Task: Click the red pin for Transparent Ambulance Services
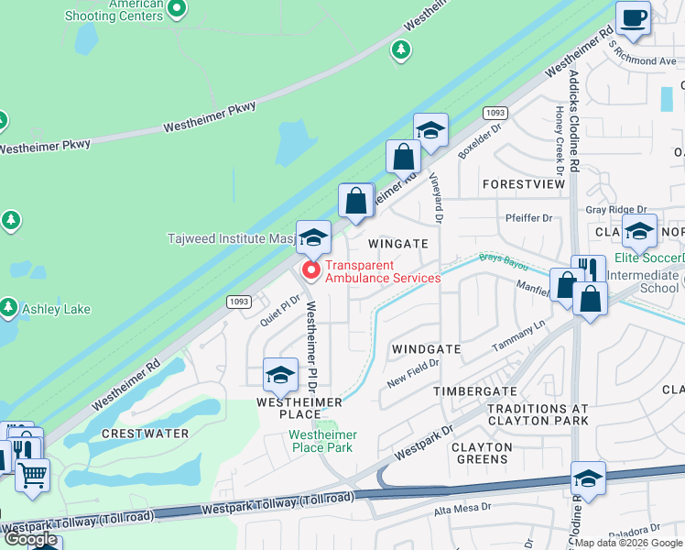coord(311,269)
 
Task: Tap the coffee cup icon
coord(633,17)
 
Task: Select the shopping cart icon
coord(32,476)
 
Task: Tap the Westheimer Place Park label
coord(321,441)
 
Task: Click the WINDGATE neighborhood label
coord(426,349)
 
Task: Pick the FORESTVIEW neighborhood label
coord(524,184)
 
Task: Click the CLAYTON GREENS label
coord(481,454)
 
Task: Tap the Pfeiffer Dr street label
coord(529,218)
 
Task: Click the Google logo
coord(31,539)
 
